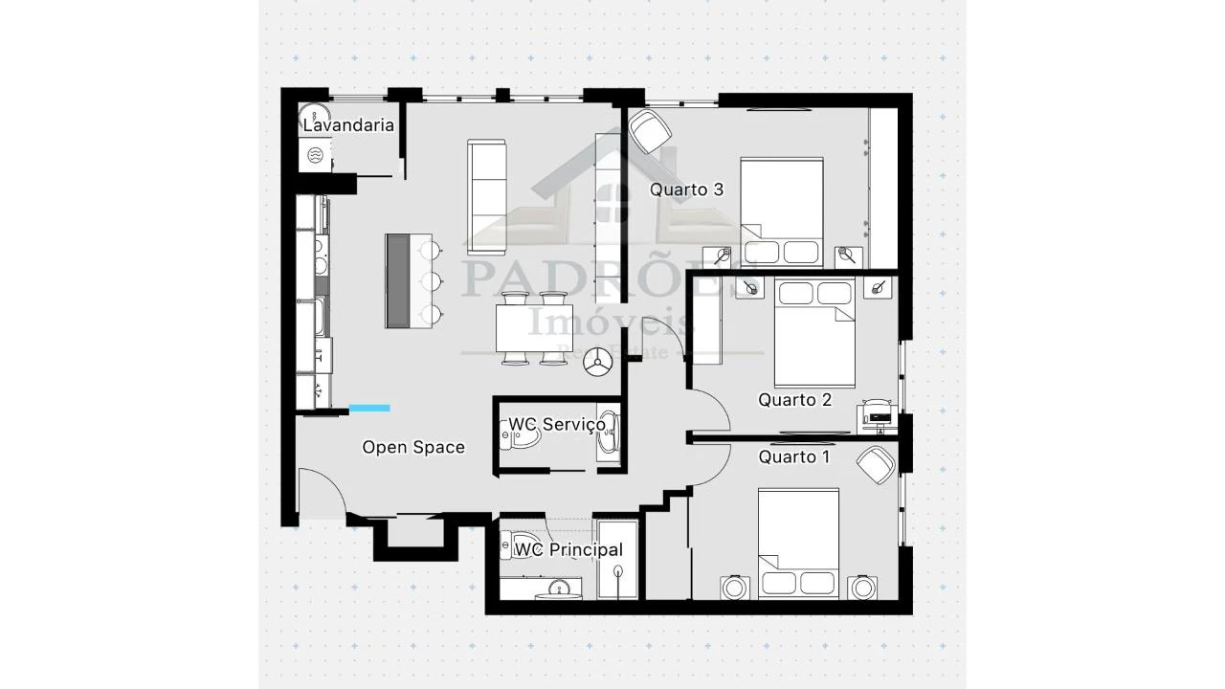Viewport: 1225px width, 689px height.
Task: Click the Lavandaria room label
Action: (348, 125)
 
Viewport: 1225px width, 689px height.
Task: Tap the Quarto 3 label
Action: (686, 189)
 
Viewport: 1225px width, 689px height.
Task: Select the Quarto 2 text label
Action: (794, 400)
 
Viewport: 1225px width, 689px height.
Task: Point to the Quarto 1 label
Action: (794, 457)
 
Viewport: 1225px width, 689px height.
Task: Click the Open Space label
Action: (413, 447)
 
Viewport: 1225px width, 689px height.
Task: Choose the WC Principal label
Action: (568, 550)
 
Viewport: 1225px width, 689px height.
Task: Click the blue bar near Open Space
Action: (369, 409)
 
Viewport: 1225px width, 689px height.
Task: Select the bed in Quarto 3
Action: (781, 211)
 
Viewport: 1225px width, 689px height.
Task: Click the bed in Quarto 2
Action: (813, 330)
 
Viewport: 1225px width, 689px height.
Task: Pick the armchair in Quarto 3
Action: (649, 130)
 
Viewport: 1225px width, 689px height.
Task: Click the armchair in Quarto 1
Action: (876, 466)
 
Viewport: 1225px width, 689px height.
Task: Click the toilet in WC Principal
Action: (510, 546)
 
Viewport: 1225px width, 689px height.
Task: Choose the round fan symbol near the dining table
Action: (600, 360)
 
